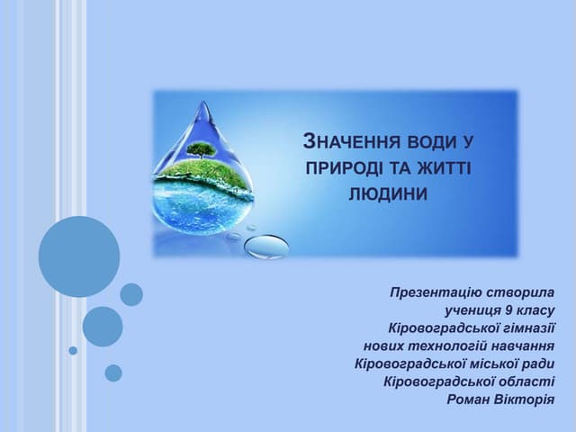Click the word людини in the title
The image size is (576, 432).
point(388,193)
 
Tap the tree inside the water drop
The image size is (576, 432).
point(202,149)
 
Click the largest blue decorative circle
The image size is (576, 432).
point(79,256)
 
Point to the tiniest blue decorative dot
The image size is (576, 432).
point(73,350)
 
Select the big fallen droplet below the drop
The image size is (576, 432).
point(267,246)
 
